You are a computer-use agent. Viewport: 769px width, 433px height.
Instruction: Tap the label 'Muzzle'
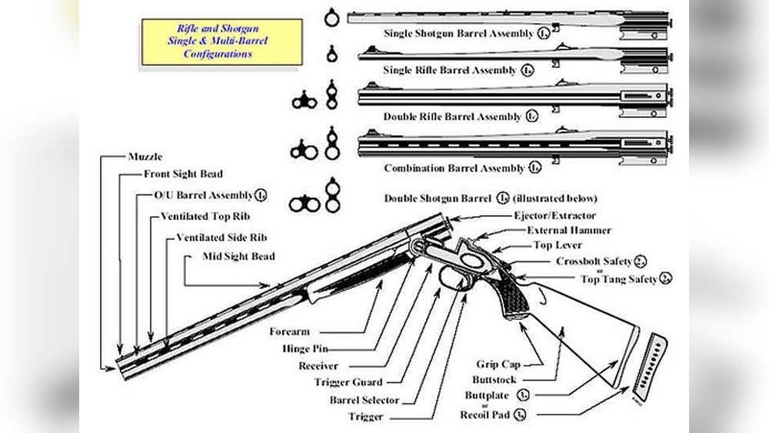(x=146, y=157)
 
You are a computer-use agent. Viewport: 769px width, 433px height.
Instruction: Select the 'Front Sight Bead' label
(x=183, y=175)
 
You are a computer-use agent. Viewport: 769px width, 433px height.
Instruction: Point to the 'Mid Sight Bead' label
(x=239, y=255)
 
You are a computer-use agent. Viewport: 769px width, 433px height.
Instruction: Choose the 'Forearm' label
(x=289, y=332)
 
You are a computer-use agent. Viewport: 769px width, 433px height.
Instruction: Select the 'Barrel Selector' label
(x=364, y=400)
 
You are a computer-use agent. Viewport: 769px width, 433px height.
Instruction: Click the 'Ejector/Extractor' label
(x=554, y=215)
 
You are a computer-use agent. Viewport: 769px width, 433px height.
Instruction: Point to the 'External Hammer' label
(x=569, y=231)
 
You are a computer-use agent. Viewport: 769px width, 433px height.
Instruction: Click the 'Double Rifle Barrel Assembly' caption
(x=454, y=117)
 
